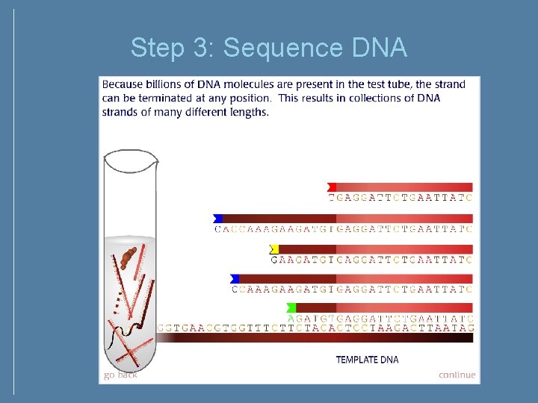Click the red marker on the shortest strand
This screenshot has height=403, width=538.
[x=332, y=187]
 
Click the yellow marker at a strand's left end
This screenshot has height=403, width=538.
[x=274, y=249]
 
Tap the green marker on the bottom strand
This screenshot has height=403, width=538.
[x=291, y=307]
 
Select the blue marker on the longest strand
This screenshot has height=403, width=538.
[x=217, y=218]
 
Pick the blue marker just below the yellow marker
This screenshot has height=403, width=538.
[x=235, y=278]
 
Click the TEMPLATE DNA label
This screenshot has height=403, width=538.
[x=367, y=360]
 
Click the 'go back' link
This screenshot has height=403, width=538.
[x=120, y=375]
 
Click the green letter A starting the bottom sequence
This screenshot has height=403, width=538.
[x=291, y=318]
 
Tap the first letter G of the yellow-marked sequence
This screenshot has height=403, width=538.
[x=274, y=259]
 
